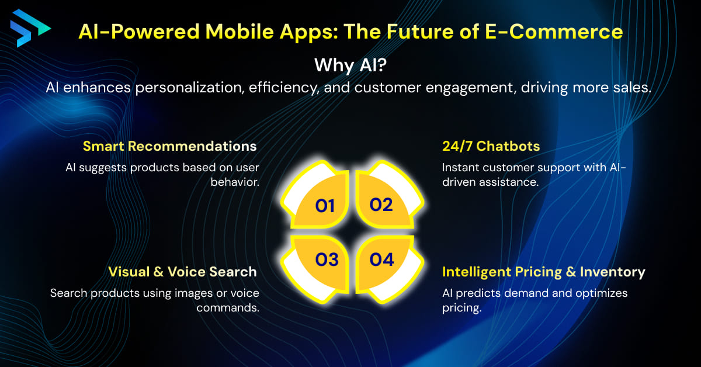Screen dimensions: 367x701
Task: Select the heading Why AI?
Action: click(x=349, y=65)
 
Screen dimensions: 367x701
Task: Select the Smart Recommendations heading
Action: click(x=170, y=146)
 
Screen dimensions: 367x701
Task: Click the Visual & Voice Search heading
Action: click(x=182, y=272)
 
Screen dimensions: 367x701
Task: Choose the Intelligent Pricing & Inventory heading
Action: click(x=543, y=272)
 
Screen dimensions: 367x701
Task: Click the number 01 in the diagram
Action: click(x=325, y=205)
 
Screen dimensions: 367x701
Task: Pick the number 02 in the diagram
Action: click(x=381, y=205)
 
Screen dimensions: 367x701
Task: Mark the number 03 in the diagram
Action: click(x=326, y=259)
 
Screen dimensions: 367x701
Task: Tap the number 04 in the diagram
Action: click(x=381, y=259)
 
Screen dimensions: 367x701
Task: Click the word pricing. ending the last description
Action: click(x=461, y=308)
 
